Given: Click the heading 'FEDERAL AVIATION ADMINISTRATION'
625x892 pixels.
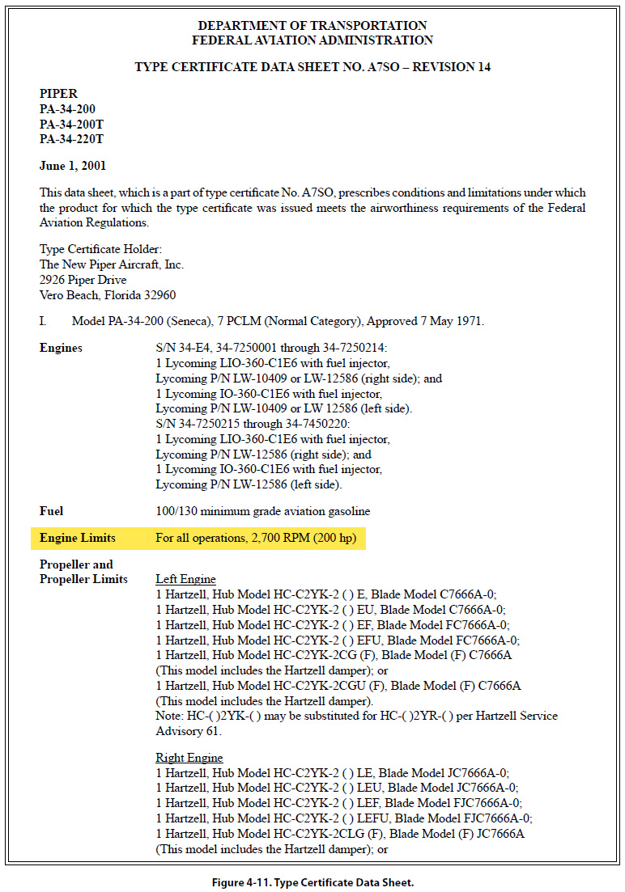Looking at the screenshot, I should [x=312, y=40].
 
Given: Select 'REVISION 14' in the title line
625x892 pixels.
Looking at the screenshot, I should [x=452, y=67].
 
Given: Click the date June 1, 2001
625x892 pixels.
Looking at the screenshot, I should [x=73, y=166].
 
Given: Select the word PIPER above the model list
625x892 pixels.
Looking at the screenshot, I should [x=59, y=94].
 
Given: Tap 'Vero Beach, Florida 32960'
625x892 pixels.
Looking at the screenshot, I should [x=108, y=295].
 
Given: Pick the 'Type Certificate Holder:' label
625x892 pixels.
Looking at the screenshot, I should [x=100, y=249].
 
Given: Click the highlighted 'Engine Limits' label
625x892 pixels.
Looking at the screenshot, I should [x=78, y=538].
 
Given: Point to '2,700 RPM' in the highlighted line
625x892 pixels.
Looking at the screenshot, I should [x=277, y=538].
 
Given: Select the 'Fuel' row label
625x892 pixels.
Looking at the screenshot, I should [x=52, y=511].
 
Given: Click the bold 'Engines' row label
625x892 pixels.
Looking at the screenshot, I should [x=61, y=348].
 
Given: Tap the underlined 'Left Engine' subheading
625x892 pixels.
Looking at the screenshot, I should [x=185, y=579].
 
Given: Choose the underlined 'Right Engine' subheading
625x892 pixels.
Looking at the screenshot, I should [x=189, y=758].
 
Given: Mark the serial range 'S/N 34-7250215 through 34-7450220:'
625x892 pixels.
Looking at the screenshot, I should [x=247, y=424].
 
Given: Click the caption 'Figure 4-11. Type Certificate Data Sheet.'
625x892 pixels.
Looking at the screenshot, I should [x=312, y=882].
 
